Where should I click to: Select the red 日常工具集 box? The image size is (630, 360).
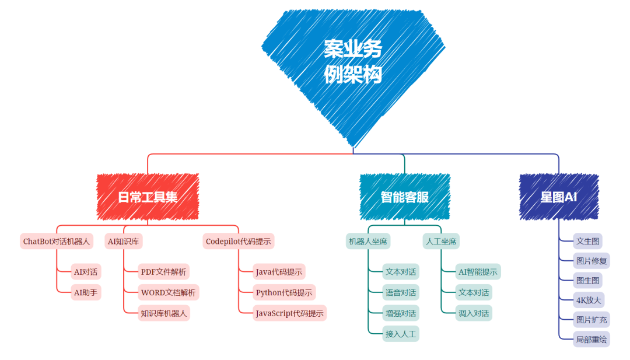(x=148, y=197)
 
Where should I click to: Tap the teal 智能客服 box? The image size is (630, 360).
(x=404, y=197)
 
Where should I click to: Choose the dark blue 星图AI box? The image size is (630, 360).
(x=558, y=197)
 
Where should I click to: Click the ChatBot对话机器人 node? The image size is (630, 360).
(x=57, y=241)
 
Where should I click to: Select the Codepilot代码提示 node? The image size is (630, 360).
(x=239, y=241)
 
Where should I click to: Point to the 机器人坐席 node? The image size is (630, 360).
(x=368, y=241)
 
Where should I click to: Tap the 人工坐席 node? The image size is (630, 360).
(x=441, y=241)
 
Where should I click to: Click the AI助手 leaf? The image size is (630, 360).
(x=85, y=292)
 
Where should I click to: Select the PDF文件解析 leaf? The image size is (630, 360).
(x=163, y=271)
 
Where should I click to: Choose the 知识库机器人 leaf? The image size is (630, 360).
(x=163, y=313)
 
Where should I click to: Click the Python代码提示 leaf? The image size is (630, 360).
(x=284, y=292)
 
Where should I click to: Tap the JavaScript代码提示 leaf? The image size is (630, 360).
(x=289, y=313)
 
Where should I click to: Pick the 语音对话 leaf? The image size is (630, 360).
(x=401, y=292)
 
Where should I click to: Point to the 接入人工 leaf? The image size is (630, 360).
(x=401, y=334)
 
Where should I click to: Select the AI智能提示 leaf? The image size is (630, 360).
(x=478, y=271)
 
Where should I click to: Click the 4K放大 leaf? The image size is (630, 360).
(x=588, y=300)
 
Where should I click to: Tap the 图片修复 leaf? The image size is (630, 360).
(x=591, y=261)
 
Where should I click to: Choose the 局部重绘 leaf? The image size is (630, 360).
(x=591, y=339)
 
